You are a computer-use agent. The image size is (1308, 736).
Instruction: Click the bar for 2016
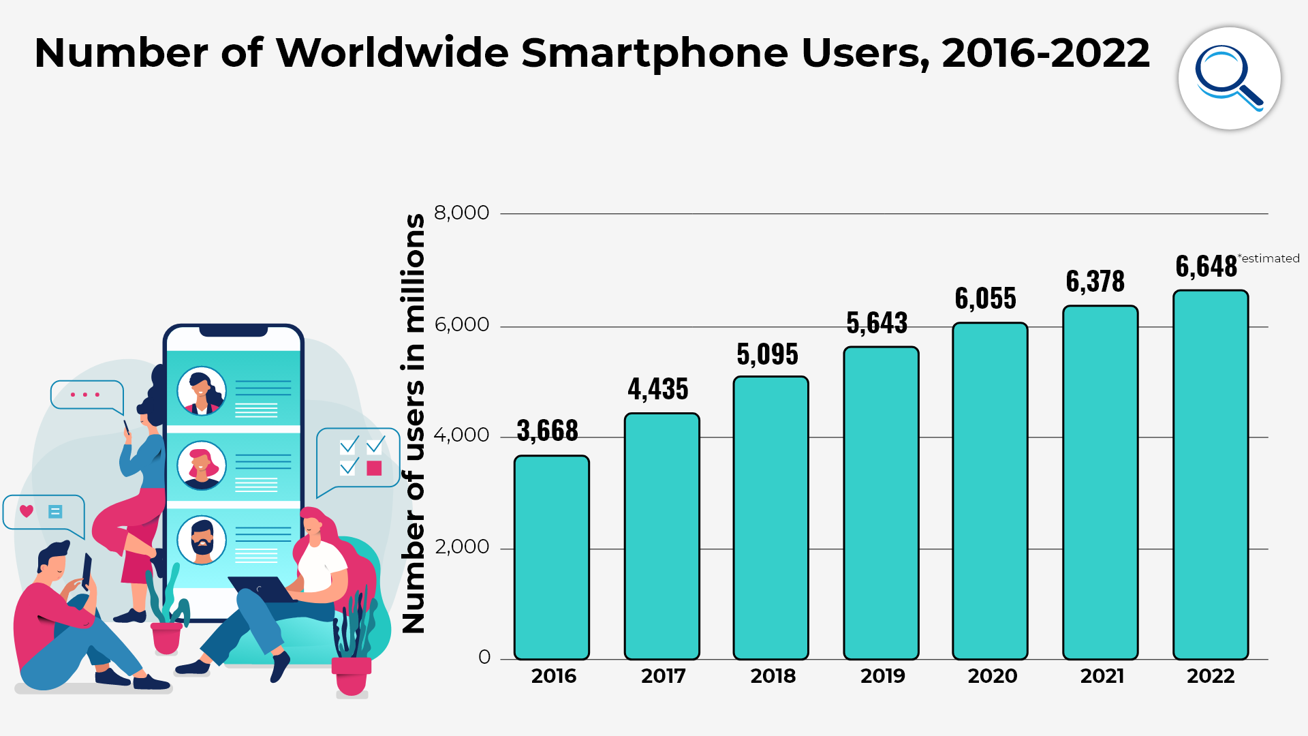(x=552, y=557)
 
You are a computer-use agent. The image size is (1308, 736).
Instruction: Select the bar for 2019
(x=881, y=503)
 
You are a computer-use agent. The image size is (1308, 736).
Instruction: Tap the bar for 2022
(x=1211, y=475)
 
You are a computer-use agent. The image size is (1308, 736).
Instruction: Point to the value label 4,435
(x=658, y=389)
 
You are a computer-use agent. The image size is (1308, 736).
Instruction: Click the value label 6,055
(x=985, y=298)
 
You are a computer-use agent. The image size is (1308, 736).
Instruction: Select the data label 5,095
(x=767, y=354)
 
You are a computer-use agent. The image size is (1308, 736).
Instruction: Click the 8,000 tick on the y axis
(x=461, y=213)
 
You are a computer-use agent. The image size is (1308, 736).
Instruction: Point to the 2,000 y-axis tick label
(x=461, y=547)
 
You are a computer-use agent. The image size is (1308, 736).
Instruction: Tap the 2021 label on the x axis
(x=1102, y=676)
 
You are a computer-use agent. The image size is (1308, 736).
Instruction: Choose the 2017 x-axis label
(x=663, y=676)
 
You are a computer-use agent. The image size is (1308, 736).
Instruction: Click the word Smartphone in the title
(x=655, y=52)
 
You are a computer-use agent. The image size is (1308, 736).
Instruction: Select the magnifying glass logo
(x=1229, y=78)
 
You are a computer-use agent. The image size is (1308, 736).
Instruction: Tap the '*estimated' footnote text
(x=1268, y=258)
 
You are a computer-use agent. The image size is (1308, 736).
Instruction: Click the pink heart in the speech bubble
(x=27, y=511)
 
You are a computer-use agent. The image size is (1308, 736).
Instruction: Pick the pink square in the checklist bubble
(x=374, y=468)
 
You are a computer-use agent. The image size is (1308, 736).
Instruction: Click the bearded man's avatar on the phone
(x=202, y=540)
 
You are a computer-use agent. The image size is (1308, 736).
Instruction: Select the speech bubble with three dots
(x=86, y=395)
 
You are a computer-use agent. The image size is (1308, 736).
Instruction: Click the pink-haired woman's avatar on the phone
(x=202, y=465)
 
